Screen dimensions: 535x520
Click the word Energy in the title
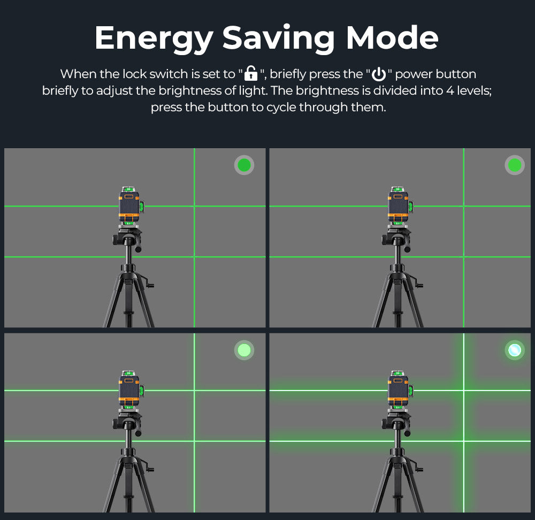[x=154, y=39]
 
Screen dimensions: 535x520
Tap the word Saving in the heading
[x=278, y=39]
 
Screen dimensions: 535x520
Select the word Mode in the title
[x=392, y=37]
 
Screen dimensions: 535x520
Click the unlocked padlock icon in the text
[x=251, y=73]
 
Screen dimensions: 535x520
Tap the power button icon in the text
[x=379, y=74]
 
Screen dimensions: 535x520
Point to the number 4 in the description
[x=450, y=91]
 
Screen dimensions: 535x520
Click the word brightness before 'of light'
[x=190, y=91]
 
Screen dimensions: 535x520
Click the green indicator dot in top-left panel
[x=244, y=165]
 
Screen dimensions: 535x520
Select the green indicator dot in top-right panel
[x=515, y=165]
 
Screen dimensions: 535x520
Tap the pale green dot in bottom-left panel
[x=244, y=350]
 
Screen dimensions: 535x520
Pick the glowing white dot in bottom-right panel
[x=515, y=350]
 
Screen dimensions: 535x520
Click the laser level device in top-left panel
[x=131, y=206]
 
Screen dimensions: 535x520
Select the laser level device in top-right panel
[x=400, y=206]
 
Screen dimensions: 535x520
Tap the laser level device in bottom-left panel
[x=131, y=391]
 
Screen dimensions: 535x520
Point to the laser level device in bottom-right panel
[x=400, y=391]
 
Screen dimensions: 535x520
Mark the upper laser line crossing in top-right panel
[x=464, y=206]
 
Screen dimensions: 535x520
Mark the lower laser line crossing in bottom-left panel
[x=195, y=441]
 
